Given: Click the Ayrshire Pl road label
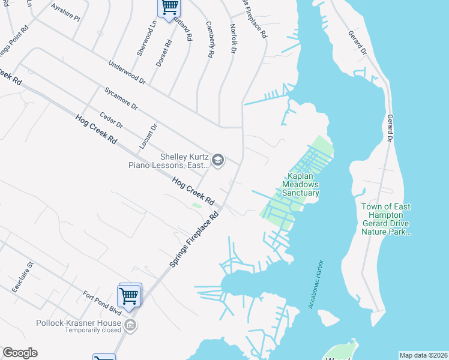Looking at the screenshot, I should coord(65,15).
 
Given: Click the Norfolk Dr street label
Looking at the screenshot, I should coord(234,39).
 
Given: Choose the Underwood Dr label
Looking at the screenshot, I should coord(127,71).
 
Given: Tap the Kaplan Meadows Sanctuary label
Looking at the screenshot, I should coord(302,185).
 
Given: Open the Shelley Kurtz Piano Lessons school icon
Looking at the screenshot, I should coord(217,160).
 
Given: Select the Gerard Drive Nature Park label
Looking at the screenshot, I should coord(387,219).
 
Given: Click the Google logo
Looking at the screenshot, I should coord(20,353).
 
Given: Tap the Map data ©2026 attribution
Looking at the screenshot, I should coord(423,355).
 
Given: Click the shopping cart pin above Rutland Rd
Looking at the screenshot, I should coord(169,7).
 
